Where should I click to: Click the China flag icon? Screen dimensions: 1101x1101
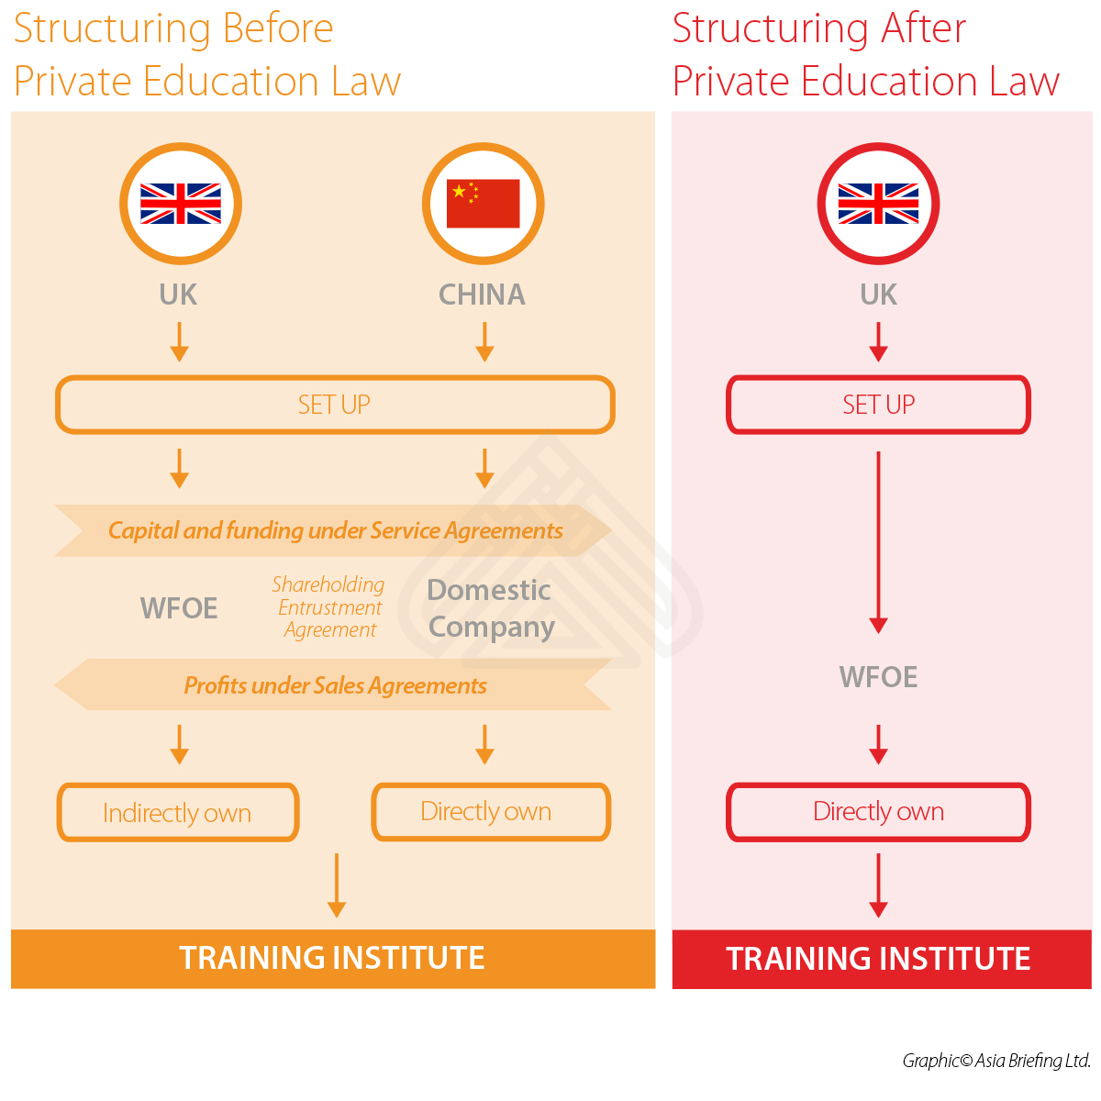tap(483, 204)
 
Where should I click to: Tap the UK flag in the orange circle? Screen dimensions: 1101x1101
tap(181, 204)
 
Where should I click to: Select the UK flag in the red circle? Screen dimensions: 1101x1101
tap(878, 204)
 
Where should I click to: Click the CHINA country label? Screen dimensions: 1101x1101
tap(482, 295)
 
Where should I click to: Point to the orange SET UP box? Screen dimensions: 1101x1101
tap(335, 405)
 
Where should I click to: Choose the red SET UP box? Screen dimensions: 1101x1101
tap(878, 405)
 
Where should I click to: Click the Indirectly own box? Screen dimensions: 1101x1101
tap(178, 813)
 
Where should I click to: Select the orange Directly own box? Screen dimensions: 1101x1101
tap(490, 812)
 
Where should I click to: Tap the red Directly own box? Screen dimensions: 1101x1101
tap(878, 812)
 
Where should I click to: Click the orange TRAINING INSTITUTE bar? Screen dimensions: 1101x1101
tap(332, 959)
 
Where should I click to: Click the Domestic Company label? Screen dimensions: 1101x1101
tap(491, 608)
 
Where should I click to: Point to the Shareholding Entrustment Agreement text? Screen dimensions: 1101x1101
tap(329, 607)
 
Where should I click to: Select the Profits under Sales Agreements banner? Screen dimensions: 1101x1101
tap(335, 685)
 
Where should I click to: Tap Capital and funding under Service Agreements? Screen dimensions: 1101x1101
tap(335, 530)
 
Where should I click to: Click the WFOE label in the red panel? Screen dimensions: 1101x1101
tap(878, 677)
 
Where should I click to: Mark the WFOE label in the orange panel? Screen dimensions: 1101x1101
tap(179, 608)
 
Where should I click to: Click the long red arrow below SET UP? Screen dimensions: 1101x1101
tap(878, 541)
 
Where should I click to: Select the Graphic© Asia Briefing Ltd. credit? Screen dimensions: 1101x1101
tap(996, 1061)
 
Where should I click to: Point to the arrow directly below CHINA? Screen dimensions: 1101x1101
tap(484, 341)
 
